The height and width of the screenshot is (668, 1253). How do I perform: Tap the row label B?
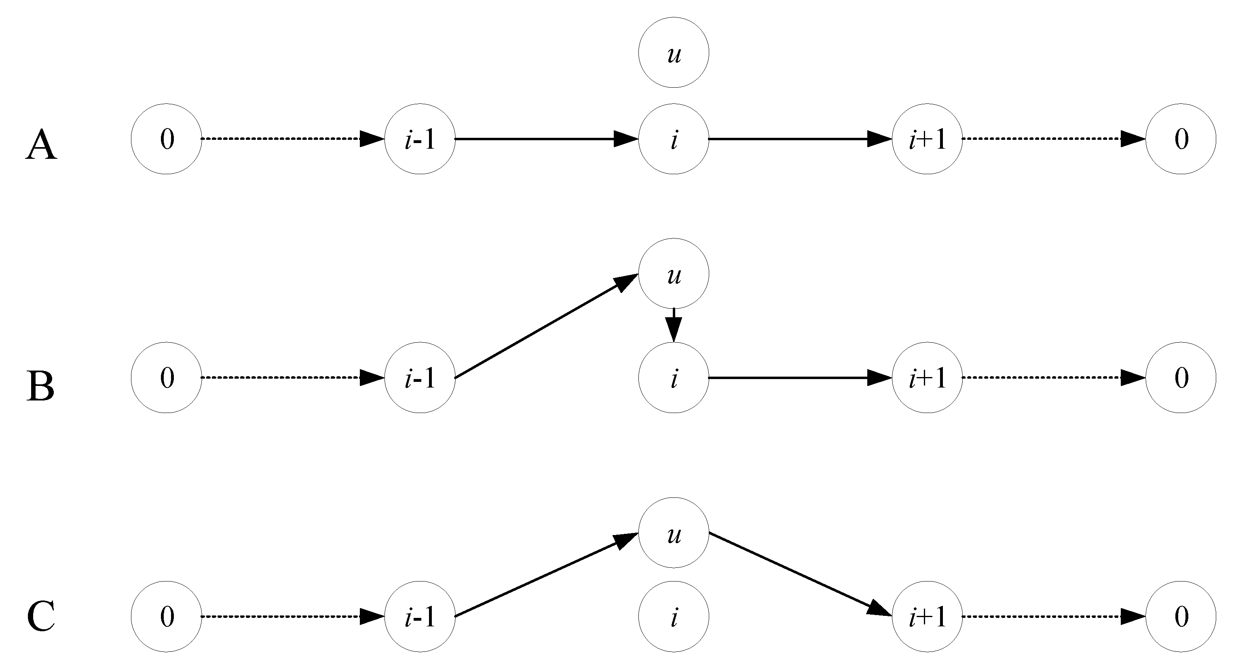40,386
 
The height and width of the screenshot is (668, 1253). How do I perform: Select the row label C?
41,616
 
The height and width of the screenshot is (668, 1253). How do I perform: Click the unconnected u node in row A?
673,53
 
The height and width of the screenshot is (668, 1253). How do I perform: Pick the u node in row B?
673,274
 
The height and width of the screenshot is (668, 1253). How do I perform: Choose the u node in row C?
673,533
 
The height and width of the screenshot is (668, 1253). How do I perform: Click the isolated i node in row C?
673,616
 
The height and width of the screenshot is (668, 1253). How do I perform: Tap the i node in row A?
673,139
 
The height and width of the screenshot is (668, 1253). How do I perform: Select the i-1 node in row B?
420,378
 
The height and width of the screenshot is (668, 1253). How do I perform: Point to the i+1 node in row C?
927,616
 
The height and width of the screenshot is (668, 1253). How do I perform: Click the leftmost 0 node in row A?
166,139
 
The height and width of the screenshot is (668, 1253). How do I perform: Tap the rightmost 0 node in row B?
1181,378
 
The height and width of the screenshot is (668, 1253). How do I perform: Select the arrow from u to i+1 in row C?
800,574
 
